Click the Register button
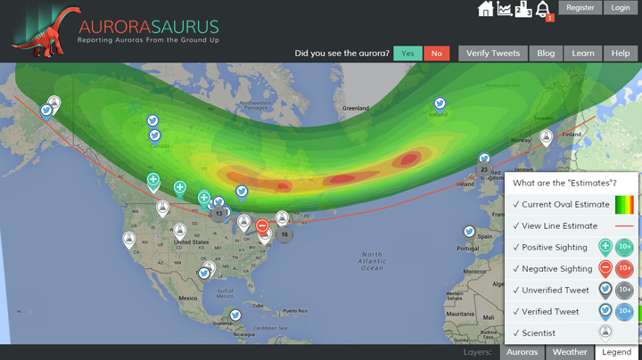coord(580,8)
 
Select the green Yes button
coord(407,53)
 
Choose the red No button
coord(436,53)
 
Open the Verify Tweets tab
coord(493,53)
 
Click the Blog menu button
coord(546,53)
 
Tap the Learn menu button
coord(583,53)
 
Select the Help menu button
coord(621,53)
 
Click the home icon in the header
coord(486,9)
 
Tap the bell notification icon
coord(542,10)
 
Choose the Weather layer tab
coord(570,352)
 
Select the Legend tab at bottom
coord(616,352)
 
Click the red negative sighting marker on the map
coord(262,226)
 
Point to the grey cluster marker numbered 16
coord(284,234)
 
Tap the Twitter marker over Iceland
coord(440,104)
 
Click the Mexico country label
coord(186,298)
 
